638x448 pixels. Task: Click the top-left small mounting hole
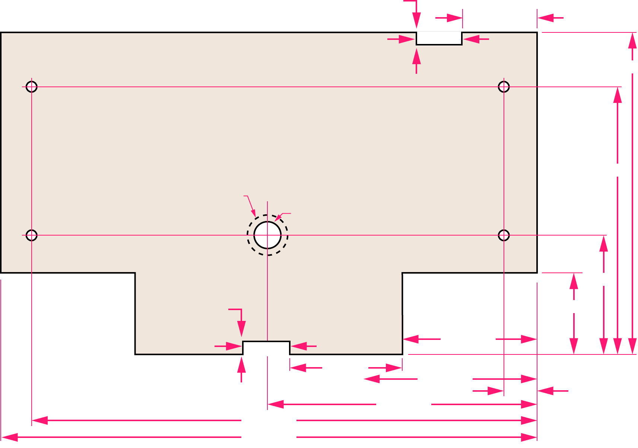tap(32, 87)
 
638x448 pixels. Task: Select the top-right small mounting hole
tap(504, 87)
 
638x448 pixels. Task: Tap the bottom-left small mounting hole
tap(32, 235)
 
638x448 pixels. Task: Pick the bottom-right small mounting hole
tap(504, 235)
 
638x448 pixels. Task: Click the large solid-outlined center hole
tap(267, 235)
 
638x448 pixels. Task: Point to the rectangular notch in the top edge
tap(439, 38)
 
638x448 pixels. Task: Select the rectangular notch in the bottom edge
tap(266, 347)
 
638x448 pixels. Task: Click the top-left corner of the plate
tap(1, 33)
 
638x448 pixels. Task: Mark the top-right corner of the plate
tap(537, 33)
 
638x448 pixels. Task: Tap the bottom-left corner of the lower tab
tap(136, 354)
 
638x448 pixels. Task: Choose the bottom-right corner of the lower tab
tap(402, 354)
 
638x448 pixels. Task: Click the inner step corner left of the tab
tap(135, 273)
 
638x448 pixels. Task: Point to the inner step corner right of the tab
tap(402, 273)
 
